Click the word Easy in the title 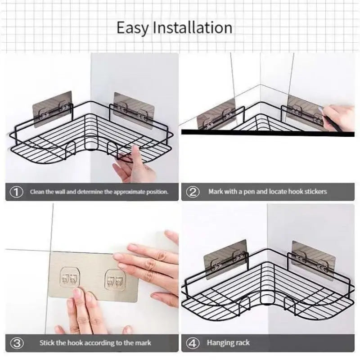coord(133,28)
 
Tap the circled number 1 coord(17,192)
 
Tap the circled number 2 coord(193,192)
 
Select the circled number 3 coord(17,343)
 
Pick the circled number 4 coord(193,343)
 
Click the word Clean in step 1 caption coord(37,192)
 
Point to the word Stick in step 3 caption coord(47,343)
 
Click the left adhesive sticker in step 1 coord(52,106)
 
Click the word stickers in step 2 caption coord(314,192)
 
